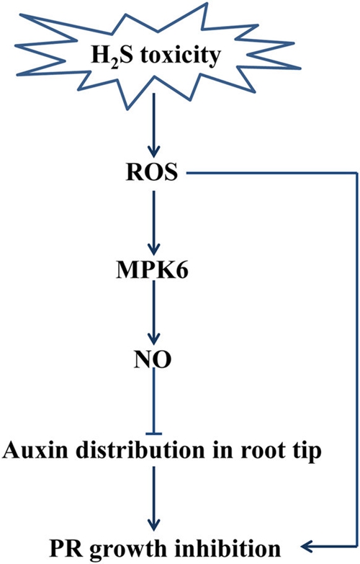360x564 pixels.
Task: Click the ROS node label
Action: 152,172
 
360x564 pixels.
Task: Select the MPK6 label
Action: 152,271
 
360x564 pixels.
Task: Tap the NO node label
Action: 153,359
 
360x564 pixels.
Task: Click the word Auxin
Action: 35,449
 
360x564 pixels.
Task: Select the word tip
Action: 307,451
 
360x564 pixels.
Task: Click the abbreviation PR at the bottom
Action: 64,549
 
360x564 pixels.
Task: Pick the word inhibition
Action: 228,548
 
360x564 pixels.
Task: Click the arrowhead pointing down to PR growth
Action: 154,525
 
